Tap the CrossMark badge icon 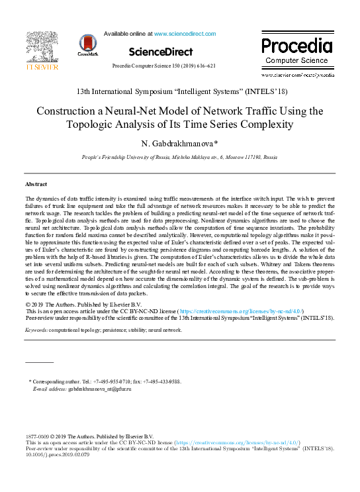(87, 44)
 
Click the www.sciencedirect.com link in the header (185, 33)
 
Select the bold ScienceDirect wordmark (161, 52)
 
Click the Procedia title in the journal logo (296, 46)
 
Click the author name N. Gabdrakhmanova (179, 144)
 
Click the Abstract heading (36, 183)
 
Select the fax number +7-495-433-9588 (163, 382)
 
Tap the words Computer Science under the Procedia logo (296, 60)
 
